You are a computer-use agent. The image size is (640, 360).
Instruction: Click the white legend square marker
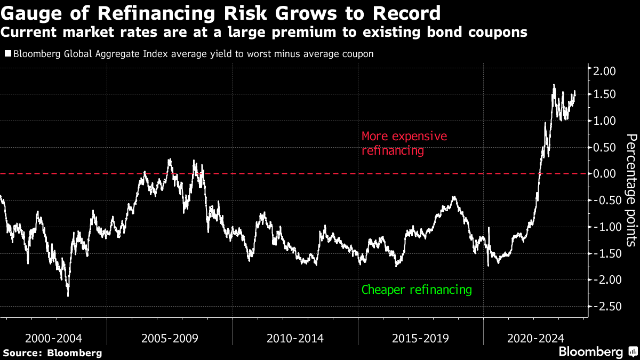pyautogui.click(x=7, y=54)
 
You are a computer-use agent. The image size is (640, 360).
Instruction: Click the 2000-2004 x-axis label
pyautogui.click(x=53, y=338)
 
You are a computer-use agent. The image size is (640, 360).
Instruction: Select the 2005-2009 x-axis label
pyautogui.click(x=170, y=338)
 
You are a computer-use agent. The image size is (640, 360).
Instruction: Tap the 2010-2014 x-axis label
pyautogui.click(x=295, y=338)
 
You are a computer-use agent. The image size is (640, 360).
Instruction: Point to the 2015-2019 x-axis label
pyautogui.click(x=420, y=338)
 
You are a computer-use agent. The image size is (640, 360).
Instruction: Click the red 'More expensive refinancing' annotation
pyautogui.click(x=404, y=143)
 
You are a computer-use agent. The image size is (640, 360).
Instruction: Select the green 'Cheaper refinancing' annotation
pyautogui.click(x=417, y=290)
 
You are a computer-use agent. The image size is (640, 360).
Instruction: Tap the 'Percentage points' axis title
pyautogui.click(x=631, y=190)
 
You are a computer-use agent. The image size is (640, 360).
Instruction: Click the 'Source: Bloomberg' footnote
pyautogui.click(x=52, y=353)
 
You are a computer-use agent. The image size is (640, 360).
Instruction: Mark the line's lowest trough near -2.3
pyautogui.click(x=68, y=295)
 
